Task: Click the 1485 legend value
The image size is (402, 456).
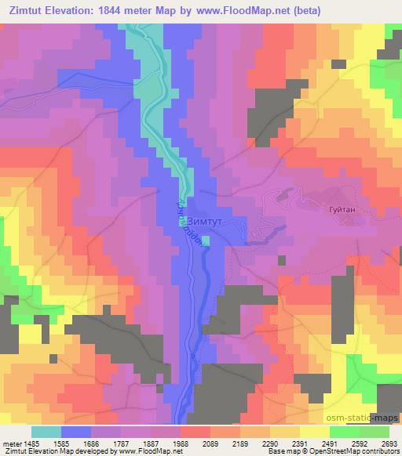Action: click(31, 443)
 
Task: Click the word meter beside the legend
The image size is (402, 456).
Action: click(11, 443)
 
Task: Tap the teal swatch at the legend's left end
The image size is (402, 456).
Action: click(46, 432)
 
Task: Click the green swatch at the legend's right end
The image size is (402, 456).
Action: click(374, 432)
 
